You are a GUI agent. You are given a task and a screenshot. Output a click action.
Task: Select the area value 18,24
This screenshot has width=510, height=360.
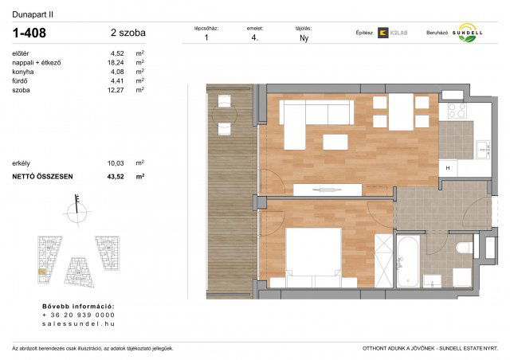(x=116, y=62)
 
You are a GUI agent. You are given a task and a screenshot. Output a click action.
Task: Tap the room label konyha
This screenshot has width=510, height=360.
(x=22, y=72)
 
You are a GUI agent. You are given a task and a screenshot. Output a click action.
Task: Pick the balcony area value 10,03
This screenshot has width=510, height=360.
(x=116, y=162)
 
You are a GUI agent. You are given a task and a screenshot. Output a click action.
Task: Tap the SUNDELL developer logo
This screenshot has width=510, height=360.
(x=464, y=34)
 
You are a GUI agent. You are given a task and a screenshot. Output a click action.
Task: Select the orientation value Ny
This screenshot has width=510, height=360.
(x=304, y=37)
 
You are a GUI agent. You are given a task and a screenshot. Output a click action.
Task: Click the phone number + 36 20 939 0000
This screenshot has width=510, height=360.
(x=78, y=315)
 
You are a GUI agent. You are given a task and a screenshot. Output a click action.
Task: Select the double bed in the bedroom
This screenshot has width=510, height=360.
(x=312, y=254)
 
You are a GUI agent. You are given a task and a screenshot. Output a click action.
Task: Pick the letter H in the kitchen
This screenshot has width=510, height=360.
(x=448, y=167)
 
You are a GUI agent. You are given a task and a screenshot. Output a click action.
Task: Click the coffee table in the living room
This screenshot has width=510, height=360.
(x=335, y=142)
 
